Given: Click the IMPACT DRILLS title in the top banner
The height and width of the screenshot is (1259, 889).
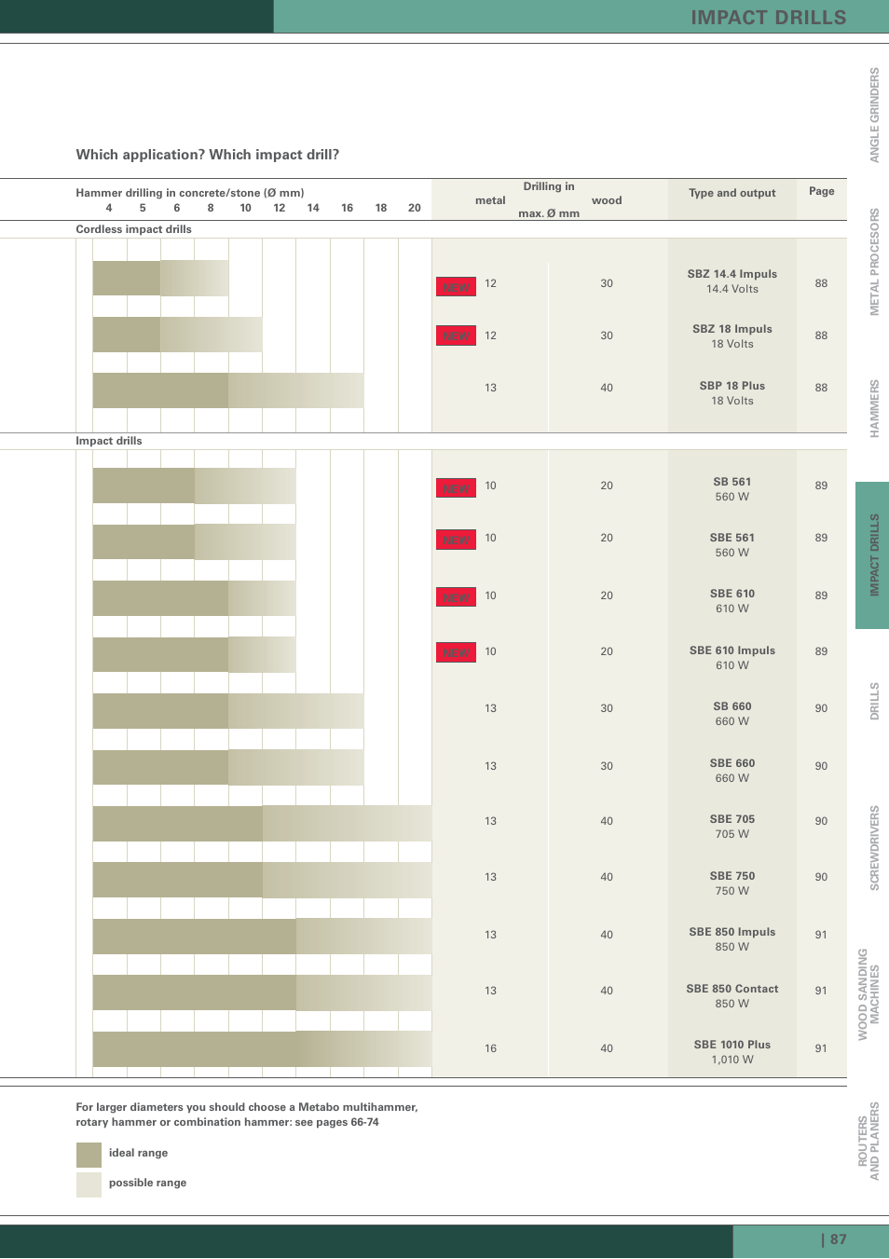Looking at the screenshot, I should [x=768, y=18].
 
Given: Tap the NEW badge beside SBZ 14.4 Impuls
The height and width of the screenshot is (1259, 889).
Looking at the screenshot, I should [x=456, y=287].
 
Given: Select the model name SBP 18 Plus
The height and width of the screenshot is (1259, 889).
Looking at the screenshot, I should [x=732, y=386].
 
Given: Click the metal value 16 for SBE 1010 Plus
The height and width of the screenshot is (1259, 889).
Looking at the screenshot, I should [x=490, y=1048].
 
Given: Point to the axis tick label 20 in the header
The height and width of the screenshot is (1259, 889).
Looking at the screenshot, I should [x=415, y=208].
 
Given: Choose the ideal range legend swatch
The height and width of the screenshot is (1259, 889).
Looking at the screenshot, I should [x=89, y=1155].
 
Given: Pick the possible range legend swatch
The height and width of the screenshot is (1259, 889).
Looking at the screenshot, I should [x=89, y=1184].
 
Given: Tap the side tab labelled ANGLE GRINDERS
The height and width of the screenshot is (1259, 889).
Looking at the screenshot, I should [x=874, y=115].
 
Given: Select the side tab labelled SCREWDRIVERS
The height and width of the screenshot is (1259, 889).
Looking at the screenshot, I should [x=874, y=848].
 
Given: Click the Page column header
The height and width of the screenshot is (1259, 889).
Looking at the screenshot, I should [x=821, y=191].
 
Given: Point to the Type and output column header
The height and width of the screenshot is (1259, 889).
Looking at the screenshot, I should [x=732, y=193].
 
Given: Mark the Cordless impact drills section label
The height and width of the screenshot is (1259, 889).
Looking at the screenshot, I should [x=133, y=229].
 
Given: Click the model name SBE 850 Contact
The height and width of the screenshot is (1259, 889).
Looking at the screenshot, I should [x=732, y=989].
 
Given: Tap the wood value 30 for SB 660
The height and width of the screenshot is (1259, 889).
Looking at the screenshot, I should [x=607, y=708].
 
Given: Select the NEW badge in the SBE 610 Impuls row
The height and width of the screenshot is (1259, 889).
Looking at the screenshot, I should [x=456, y=652].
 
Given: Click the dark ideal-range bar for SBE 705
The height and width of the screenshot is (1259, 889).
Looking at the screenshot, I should [x=177, y=824].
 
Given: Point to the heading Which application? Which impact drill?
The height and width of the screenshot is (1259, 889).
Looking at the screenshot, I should [x=207, y=155].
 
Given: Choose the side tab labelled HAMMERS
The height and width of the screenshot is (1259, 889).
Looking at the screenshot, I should [x=874, y=408].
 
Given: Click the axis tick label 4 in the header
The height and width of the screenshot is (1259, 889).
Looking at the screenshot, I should [x=109, y=208].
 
